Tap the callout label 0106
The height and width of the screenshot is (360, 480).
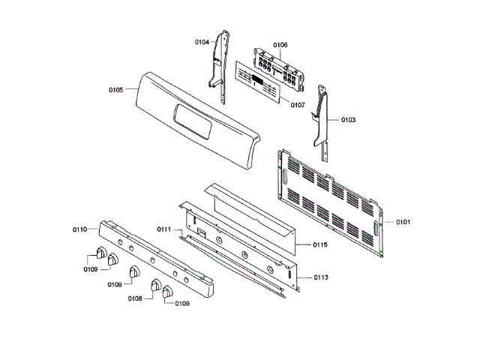point(280,46)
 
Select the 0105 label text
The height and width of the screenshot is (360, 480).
point(115,90)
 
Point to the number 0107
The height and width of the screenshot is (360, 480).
point(297,105)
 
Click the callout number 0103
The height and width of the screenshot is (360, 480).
point(349,119)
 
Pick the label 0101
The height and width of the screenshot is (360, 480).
point(403,223)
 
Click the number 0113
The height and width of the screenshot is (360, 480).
point(320,277)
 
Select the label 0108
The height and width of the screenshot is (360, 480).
point(135,298)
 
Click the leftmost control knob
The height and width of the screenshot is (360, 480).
point(100,253)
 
